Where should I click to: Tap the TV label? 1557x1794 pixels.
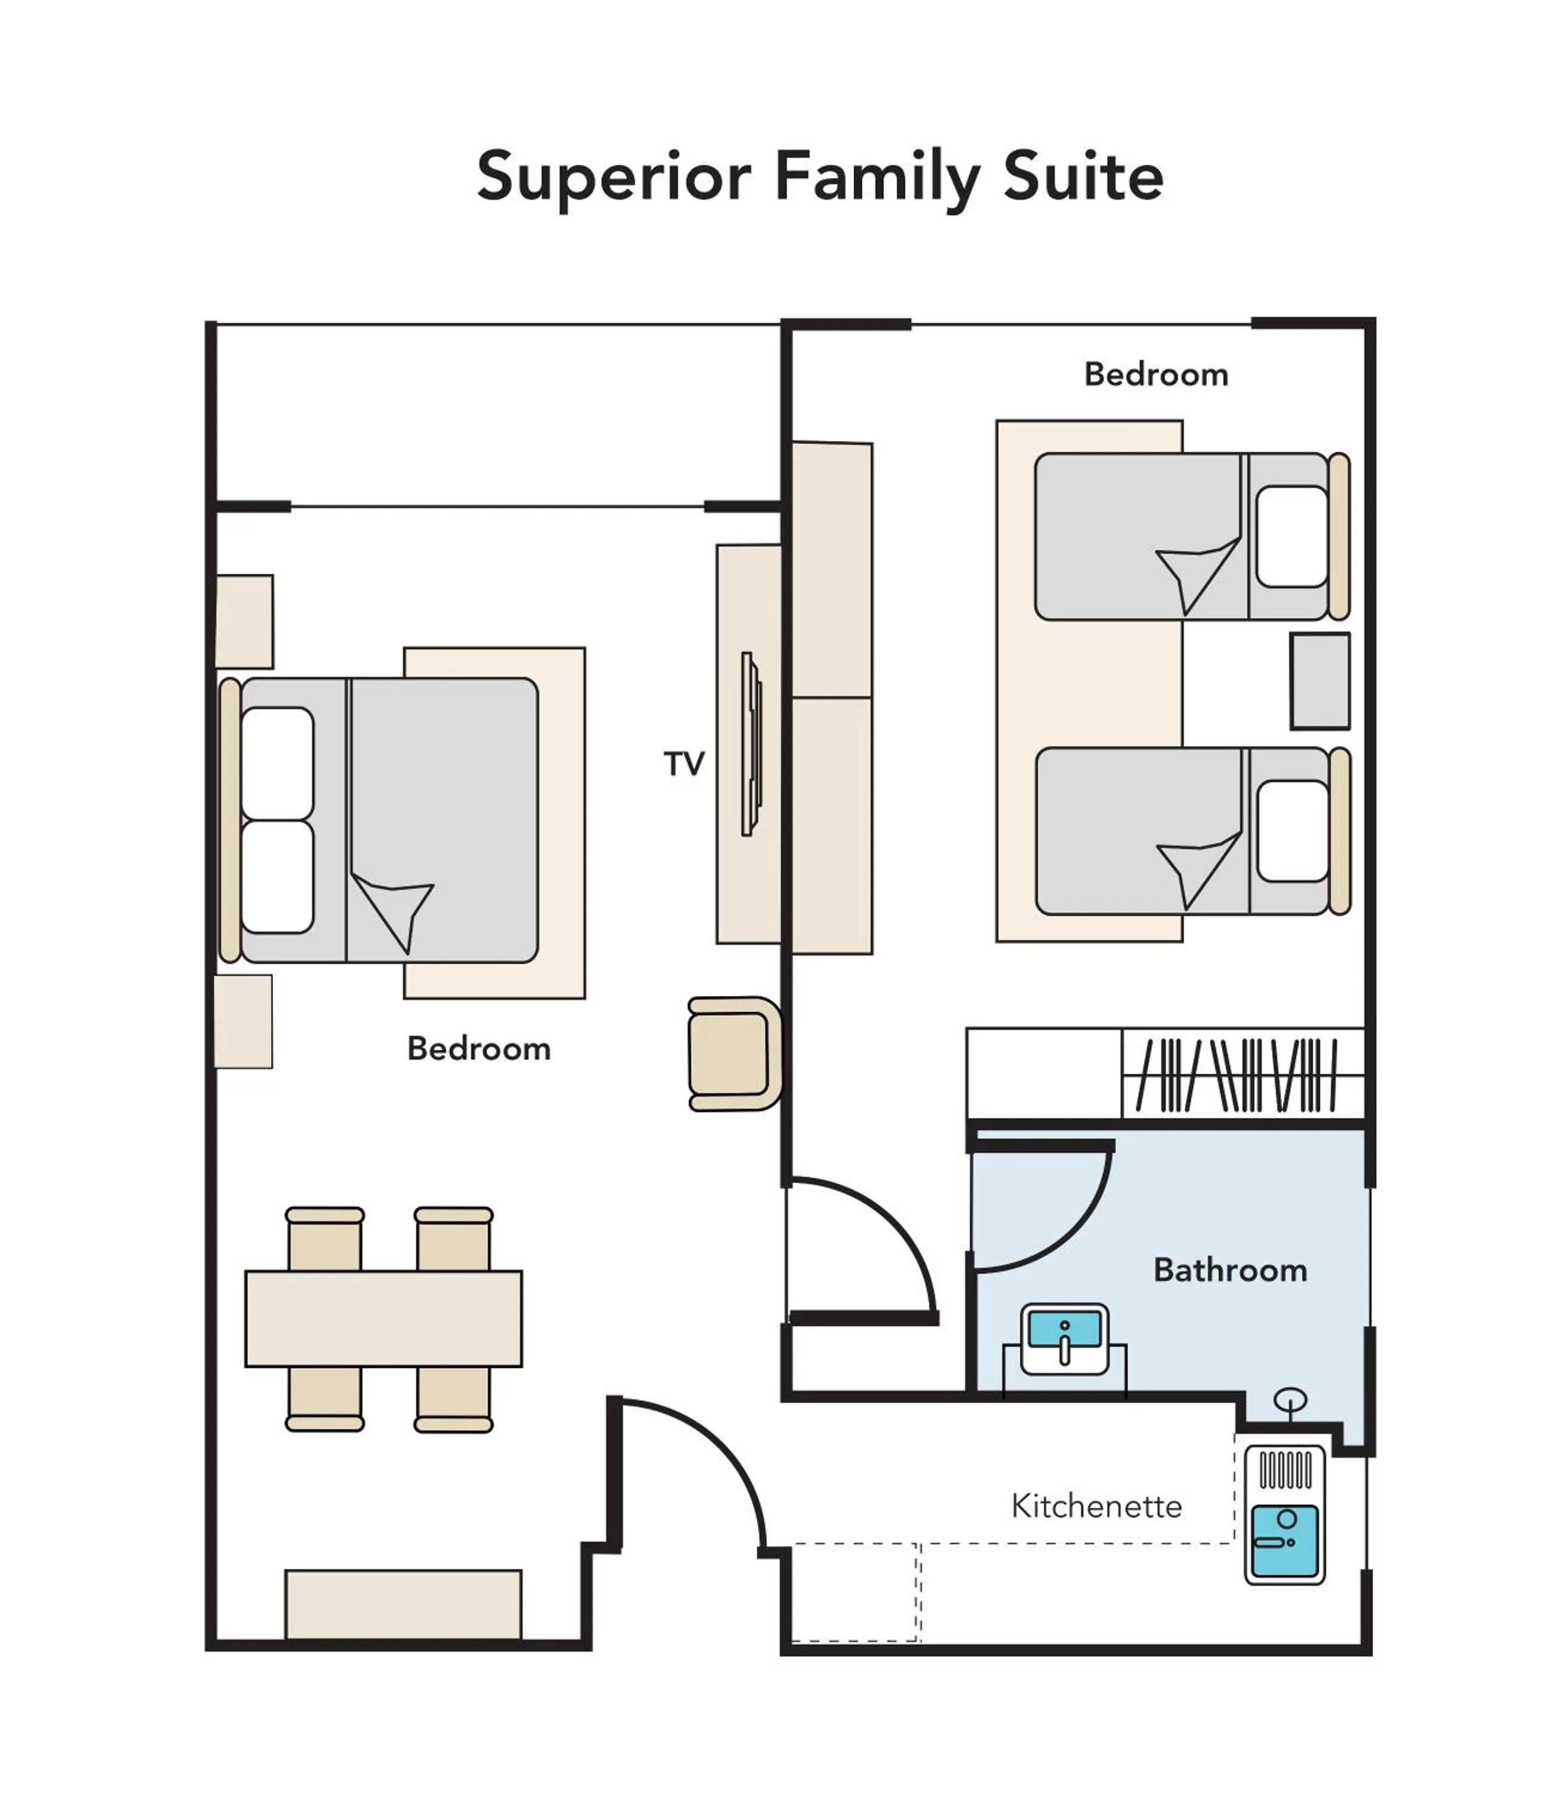pyautogui.click(x=684, y=764)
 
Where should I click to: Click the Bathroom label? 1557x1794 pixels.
pyautogui.click(x=1229, y=1270)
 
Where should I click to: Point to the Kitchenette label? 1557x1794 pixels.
pyautogui.click(x=1097, y=1506)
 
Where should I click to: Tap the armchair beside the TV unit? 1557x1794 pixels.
pyautogui.click(x=732, y=1053)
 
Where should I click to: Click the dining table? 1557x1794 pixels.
pyautogui.click(x=383, y=1318)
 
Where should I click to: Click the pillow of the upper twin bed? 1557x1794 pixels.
pyautogui.click(x=1291, y=536)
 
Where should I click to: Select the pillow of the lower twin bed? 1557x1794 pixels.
pyautogui.click(x=1292, y=831)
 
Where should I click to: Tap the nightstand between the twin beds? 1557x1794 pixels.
pyautogui.click(x=1319, y=681)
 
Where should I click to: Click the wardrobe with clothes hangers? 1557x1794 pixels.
pyautogui.click(x=1241, y=1074)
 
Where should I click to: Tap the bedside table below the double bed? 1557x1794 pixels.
pyautogui.click(x=243, y=1021)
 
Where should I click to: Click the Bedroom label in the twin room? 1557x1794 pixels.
pyautogui.click(x=1156, y=374)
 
